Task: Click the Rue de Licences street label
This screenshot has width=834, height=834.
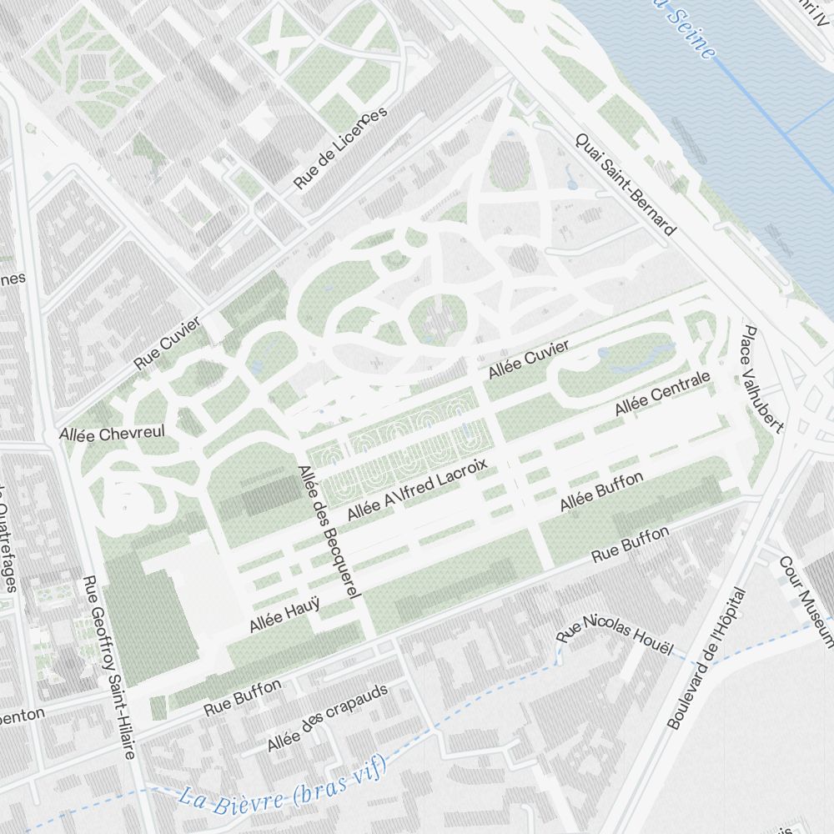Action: click(340, 148)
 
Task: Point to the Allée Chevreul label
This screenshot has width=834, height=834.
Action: click(112, 434)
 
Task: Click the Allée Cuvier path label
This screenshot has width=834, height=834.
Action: click(529, 359)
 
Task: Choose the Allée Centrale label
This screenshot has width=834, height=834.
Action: click(662, 394)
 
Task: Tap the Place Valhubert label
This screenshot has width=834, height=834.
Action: click(762, 379)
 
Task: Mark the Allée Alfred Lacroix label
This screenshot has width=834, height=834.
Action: click(416, 490)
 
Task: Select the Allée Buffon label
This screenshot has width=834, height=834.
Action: click(601, 492)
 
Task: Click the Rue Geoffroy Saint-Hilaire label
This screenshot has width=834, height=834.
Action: click(109, 667)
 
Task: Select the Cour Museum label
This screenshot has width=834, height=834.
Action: click(805, 601)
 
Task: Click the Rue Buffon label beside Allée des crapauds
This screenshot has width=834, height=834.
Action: click(243, 698)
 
